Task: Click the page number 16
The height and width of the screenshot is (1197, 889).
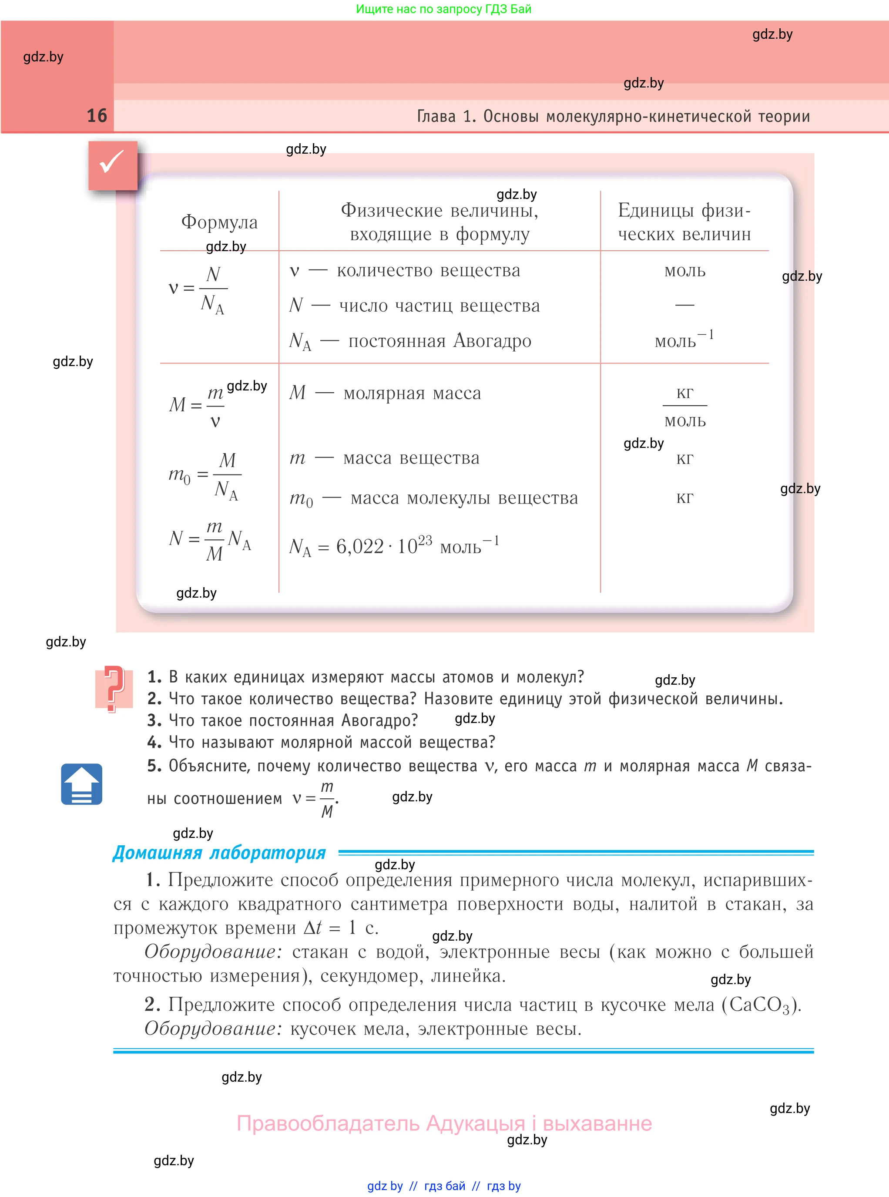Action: pos(97,116)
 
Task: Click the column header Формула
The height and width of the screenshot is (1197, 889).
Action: pos(219,222)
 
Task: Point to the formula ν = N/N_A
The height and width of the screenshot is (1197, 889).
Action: pos(198,289)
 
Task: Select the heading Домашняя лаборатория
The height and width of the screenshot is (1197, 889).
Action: pos(219,853)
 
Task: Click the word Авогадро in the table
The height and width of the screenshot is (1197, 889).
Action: pos(493,341)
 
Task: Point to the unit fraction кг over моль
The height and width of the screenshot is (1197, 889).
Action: pos(684,407)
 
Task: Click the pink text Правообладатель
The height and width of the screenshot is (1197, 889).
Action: pos(328,1123)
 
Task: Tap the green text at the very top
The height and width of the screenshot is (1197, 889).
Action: pos(443,9)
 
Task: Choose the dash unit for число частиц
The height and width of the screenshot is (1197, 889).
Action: pos(684,305)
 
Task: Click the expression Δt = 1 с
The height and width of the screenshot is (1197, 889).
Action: pos(341,928)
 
